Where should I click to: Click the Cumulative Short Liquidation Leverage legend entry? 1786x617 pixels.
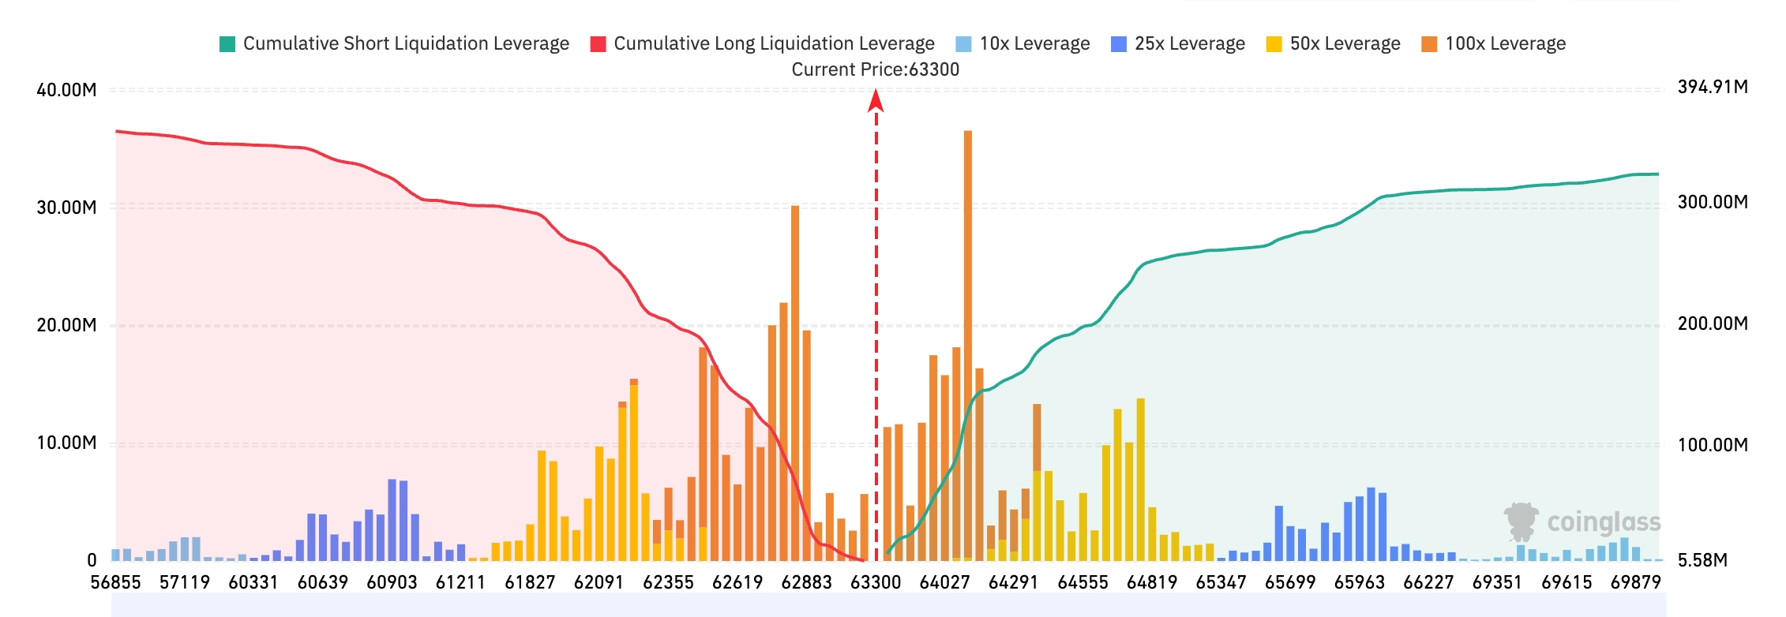point(394,43)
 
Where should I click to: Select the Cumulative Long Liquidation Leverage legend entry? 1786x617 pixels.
point(762,43)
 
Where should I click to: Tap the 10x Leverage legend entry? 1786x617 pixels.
point(1022,43)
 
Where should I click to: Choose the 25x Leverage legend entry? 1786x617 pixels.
point(1177,43)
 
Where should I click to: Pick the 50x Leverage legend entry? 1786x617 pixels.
point(1333,43)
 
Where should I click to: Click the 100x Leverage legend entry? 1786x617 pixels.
point(1493,43)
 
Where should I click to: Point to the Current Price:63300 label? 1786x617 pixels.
point(876,69)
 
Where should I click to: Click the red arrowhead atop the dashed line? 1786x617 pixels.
point(876,100)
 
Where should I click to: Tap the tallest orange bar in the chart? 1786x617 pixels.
point(968,346)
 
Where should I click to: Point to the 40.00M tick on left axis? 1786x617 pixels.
point(66,90)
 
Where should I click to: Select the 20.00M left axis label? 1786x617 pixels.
point(66,325)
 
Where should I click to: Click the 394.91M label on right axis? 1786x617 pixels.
point(1713,87)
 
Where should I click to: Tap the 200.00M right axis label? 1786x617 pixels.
point(1713,323)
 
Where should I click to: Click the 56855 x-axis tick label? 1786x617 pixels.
point(115,582)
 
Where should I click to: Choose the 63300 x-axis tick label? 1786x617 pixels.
point(876,582)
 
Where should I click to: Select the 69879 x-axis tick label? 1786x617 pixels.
point(1636,582)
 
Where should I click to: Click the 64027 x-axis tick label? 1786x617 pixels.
point(944,582)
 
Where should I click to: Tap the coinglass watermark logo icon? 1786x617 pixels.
point(1521,521)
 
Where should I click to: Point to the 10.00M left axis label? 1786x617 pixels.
point(66,443)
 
